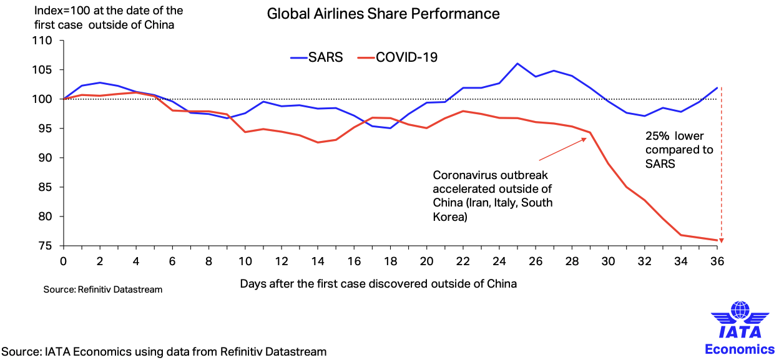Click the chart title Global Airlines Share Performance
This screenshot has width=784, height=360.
pyautogui.click(x=383, y=13)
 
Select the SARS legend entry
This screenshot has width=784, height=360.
pyautogui.click(x=316, y=57)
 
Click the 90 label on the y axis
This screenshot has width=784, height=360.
pyautogui.click(x=49, y=158)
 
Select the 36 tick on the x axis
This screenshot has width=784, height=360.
pyautogui.click(x=717, y=260)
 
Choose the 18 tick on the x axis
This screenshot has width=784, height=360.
pyautogui.click(x=390, y=260)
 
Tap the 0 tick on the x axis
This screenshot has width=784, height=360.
pyautogui.click(x=62, y=260)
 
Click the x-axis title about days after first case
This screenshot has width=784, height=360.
pyautogui.click(x=378, y=284)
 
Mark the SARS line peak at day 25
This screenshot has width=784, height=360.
pyautogui.click(x=517, y=64)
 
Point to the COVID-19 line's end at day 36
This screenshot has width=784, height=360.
pyautogui.click(x=717, y=240)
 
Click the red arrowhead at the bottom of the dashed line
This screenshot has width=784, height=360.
pyautogui.click(x=722, y=240)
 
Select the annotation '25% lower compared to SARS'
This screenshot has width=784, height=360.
pyautogui.click(x=679, y=150)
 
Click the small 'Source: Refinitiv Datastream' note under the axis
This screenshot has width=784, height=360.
pyautogui.click(x=103, y=290)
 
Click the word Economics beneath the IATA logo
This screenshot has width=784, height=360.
pyautogui.click(x=740, y=349)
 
